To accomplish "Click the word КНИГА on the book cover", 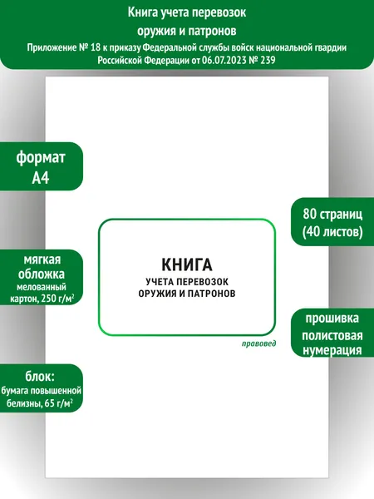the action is [187, 264].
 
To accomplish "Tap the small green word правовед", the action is [258, 343].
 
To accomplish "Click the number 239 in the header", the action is [268, 60].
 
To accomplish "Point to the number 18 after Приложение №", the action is [95, 47].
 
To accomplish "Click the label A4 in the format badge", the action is [41, 178].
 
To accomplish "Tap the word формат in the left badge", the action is [41, 157].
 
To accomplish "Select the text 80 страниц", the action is [332, 214].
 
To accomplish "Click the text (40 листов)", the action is [332, 231].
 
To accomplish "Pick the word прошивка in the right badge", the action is [332, 319].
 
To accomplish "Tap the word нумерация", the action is [332, 350].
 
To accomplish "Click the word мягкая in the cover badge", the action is [42, 260].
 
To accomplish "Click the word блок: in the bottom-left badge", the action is [40, 376].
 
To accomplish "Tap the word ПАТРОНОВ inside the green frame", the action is [211, 293].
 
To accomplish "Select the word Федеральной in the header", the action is [168, 47].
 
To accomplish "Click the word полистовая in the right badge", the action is [332, 335].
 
